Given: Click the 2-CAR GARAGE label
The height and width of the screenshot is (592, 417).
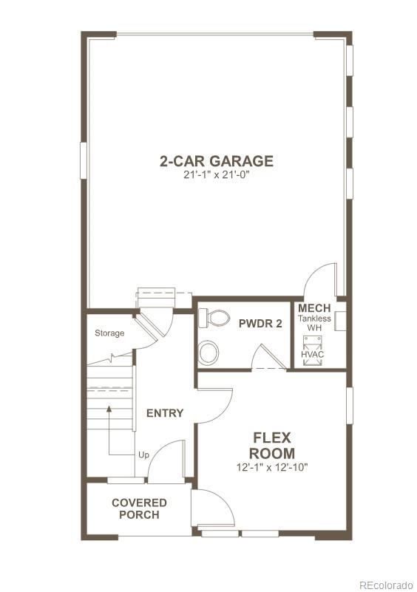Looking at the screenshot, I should [x=217, y=160].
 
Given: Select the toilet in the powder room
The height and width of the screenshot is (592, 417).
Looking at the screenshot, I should [x=216, y=319].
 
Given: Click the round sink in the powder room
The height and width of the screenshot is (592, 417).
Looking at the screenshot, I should [x=208, y=352].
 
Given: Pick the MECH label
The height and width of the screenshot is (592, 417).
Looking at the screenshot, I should [x=314, y=307].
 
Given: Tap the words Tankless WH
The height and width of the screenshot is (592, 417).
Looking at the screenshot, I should [x=314, y=323].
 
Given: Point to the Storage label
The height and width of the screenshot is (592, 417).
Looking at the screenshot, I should [x=109, y=333].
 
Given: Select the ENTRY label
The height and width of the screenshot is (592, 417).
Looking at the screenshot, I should [x=164, y=413].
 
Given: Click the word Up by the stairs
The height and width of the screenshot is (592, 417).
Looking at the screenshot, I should [x=143, y=455].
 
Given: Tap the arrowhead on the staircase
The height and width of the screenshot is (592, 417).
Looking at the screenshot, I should [x=109, y=407].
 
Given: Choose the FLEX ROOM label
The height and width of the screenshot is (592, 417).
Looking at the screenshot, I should [x=272, y=445].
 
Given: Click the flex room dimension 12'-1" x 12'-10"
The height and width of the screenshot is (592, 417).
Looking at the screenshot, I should [x=272, y=467].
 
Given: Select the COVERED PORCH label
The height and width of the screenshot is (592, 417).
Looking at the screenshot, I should [x=139, y=508].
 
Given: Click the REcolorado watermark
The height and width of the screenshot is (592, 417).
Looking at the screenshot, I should [x=386, y=584].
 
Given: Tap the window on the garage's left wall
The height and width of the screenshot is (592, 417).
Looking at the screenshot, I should [x=84, y=160].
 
